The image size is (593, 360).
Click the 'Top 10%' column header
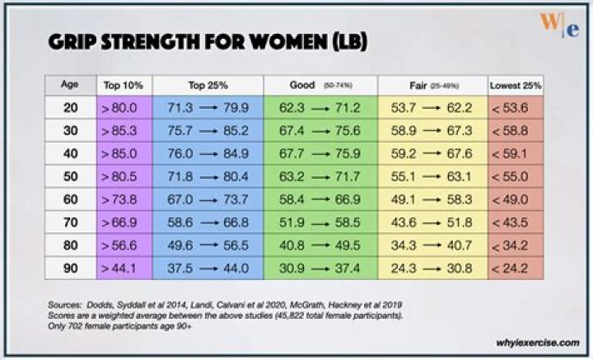(x=123, y=85)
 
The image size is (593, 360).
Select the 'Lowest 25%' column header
(x=515, y=85)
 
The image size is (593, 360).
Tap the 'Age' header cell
(x=70, y=84)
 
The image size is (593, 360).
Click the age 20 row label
(x=70, y=107)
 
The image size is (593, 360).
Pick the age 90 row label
(x=70, y=268)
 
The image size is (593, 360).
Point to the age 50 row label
(x=70, y=176)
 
